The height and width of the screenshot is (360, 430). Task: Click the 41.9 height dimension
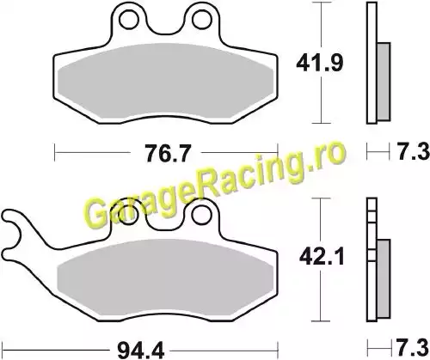319,63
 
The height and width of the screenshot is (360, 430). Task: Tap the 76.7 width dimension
167,153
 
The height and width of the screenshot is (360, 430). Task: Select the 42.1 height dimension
322,258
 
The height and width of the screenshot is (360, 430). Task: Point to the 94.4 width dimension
141,351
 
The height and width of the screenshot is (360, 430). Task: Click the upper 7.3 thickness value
413,151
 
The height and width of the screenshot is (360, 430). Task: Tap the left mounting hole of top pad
128,20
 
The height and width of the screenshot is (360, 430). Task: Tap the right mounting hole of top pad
200,20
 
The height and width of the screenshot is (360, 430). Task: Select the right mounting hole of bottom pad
200,216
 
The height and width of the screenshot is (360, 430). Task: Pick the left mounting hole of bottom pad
128,216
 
